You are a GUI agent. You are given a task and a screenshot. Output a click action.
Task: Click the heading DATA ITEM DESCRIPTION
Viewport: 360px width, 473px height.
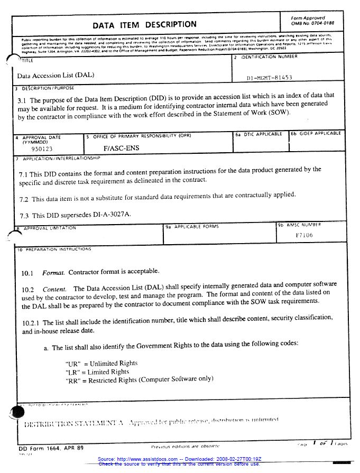click(x=144, y=24)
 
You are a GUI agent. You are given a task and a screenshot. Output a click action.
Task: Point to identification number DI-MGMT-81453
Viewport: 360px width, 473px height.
click(x=269, y=78)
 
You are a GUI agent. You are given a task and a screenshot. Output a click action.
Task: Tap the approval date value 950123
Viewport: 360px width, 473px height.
click(x=42, y=149)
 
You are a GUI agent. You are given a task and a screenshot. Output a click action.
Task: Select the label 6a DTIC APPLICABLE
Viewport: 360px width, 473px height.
click(x=259, y=134)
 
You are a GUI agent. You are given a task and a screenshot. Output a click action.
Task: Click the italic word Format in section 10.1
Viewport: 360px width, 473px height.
click(x=53, y=272)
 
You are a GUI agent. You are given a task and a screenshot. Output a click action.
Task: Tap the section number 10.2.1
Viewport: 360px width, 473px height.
click(x=31, y=322)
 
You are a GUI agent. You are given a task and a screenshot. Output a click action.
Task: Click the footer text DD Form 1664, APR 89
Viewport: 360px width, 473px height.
click(x=48, y=448)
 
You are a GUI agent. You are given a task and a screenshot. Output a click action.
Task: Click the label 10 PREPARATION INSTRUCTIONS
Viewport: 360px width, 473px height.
click(x=55, y=249)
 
